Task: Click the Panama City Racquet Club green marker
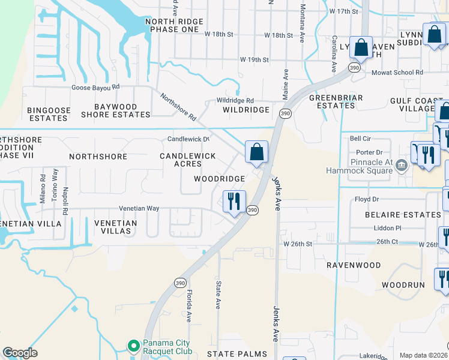point(133,346)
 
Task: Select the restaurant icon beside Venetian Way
point(234,200)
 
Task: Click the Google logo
point(20,353)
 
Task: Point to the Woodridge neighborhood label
point(219,179)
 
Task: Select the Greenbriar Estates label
point(332,101)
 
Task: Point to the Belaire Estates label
point(406,214)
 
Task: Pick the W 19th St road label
point(255,60)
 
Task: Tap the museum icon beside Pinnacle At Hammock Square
point(402,166)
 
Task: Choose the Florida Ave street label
point(188,306)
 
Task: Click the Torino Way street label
point(55,188)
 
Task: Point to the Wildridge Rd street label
point(235,101)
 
